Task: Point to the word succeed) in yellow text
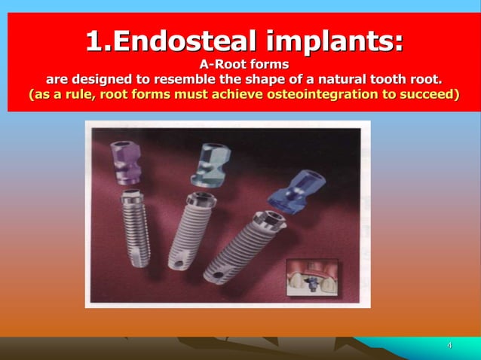(x=430, y=96)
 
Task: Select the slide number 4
(x=449, y=346)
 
